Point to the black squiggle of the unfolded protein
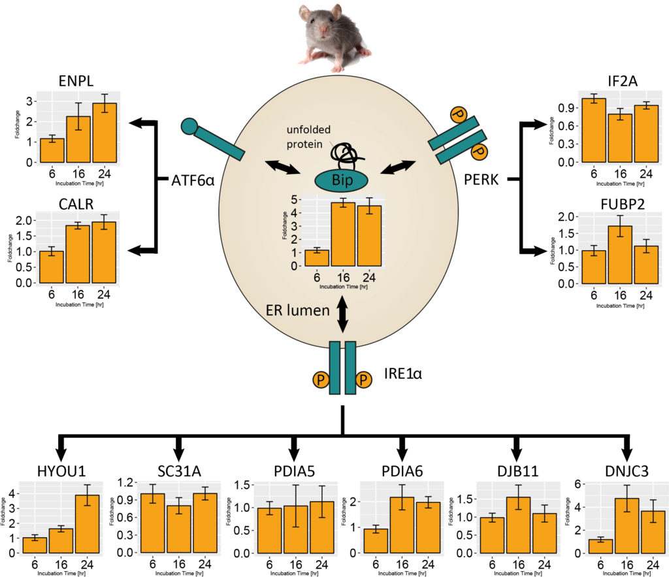pos(346,156)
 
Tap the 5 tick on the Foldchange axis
pos(295,200)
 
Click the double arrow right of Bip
pos(398,167)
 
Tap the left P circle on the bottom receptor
pos(321,380)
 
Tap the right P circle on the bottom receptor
pos(364,380)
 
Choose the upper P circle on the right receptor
pos(459,116)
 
